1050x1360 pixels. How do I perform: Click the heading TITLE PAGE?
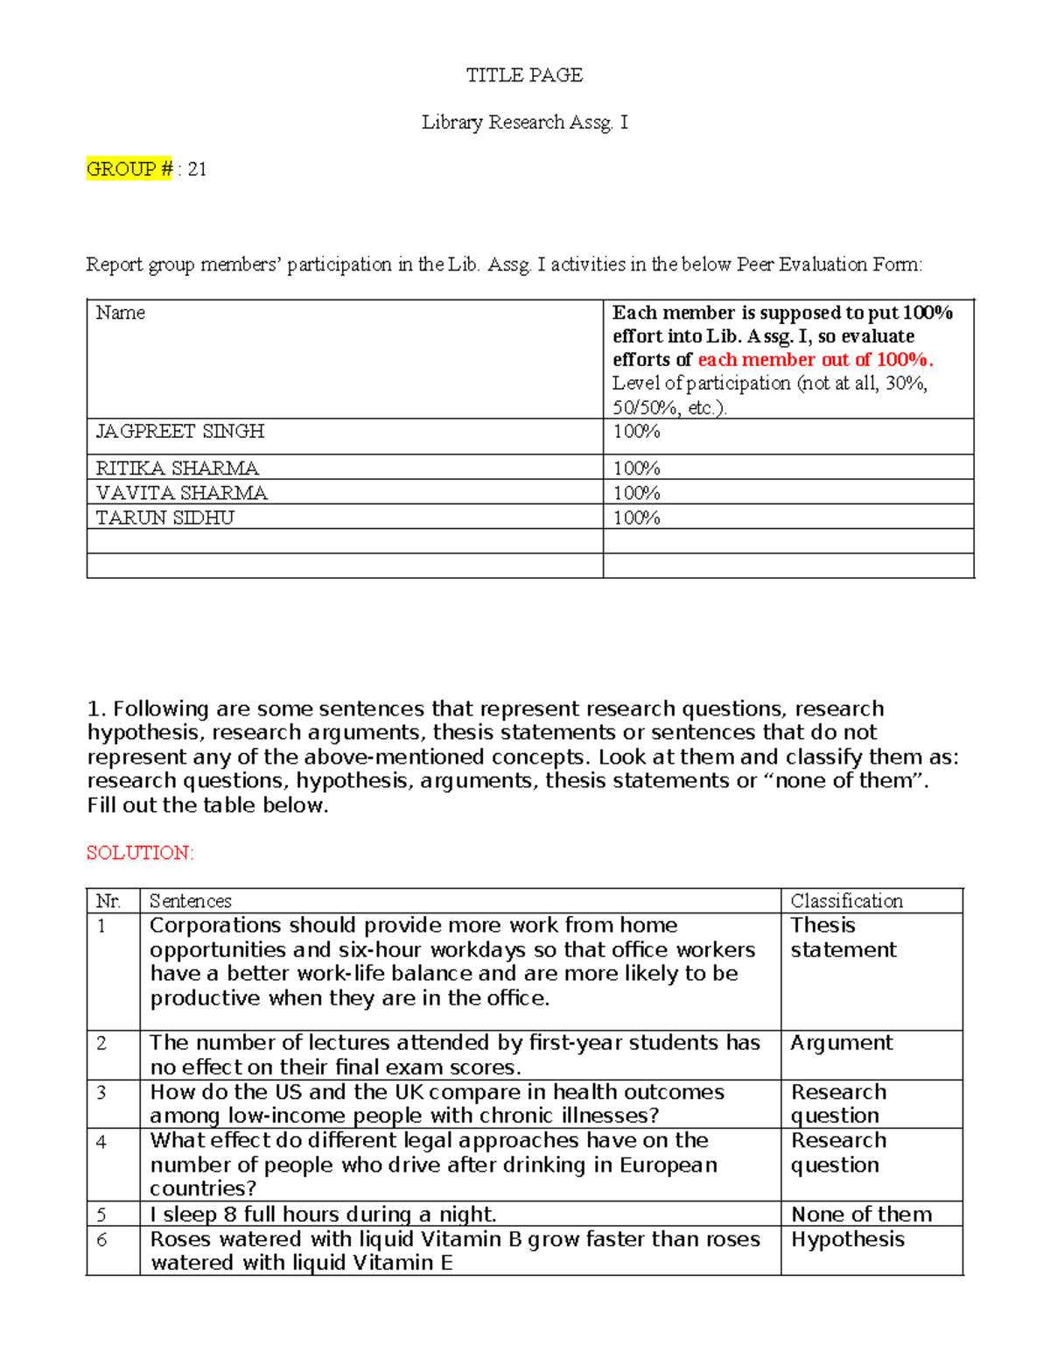point(524,75)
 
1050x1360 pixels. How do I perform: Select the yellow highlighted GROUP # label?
point(129,169)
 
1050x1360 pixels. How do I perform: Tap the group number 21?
point(198,169)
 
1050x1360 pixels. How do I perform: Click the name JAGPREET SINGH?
point(179,431)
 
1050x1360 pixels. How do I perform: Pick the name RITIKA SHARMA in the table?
point(177,468)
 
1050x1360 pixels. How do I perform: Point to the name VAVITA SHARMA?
point(181,493)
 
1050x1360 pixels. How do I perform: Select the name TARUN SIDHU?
point(164,518)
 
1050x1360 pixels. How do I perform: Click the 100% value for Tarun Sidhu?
point(636,518)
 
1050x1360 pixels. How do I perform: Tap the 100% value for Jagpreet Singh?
point(636,431)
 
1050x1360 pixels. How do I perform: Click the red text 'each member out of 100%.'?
point(815,359)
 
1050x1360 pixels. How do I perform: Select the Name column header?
point(120,313)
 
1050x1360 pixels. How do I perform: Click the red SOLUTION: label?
point(140,853)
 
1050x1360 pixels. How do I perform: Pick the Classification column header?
point(846,901)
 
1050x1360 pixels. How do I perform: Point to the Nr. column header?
point(108,901)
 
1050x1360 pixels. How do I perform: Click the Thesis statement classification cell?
point(843,937)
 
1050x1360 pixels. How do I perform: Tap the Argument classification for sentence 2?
point(841,1042)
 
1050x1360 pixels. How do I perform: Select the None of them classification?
point(861,1214)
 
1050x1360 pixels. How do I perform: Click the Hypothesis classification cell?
point(847,1239)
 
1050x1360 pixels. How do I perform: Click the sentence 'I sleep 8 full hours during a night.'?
point(323,1214)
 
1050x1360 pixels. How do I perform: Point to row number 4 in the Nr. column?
point(101,1142)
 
